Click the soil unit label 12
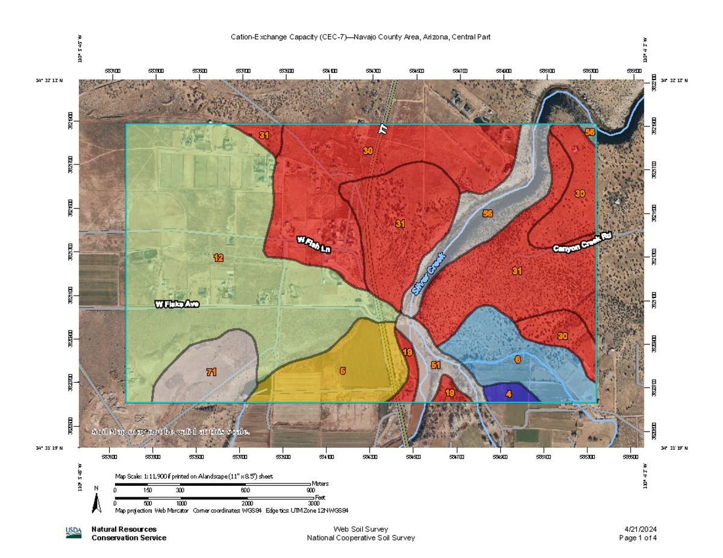[218, 258]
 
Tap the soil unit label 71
[211, 372]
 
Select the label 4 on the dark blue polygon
[509, 394]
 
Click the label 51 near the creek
[436, 365]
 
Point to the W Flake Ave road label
[177, 305]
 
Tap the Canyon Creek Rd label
[582, 243]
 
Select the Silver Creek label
[428, 273]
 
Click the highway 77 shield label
[383, 129]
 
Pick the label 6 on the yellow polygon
[342, 371]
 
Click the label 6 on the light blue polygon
[518, 359]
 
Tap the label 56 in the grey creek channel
[488, 213]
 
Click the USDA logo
[74, 532]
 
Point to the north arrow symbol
[96, 501]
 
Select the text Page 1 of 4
[638, 538]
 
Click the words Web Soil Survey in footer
[360, 529]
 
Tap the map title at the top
[360, 37]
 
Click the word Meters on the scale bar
[321, 483]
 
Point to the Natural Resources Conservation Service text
[129, 533]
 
